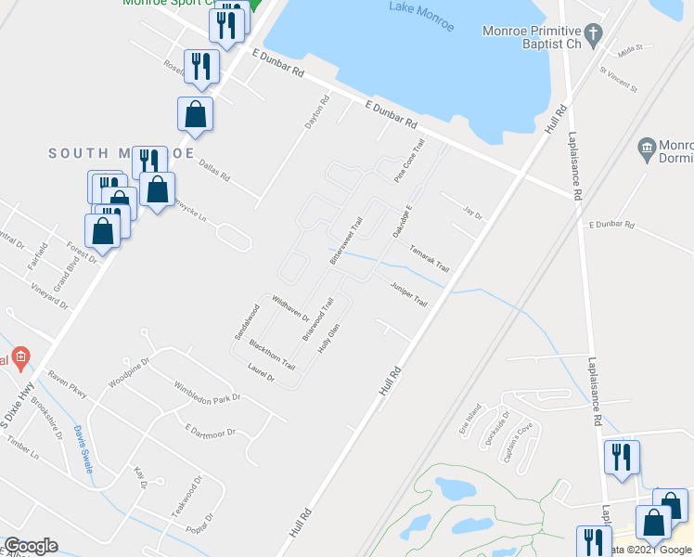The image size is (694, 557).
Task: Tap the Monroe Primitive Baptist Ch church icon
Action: tap(598, 30)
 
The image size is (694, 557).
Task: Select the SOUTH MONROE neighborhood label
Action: tap(121, 153)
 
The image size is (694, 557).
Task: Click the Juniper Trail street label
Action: tap(408, 295)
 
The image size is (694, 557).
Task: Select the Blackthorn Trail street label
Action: tap(272, 353)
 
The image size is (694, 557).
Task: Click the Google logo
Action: tap(31, 546)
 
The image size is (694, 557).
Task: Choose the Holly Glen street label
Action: tap(329, 338)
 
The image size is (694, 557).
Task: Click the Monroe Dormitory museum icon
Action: tap(648, 148)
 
